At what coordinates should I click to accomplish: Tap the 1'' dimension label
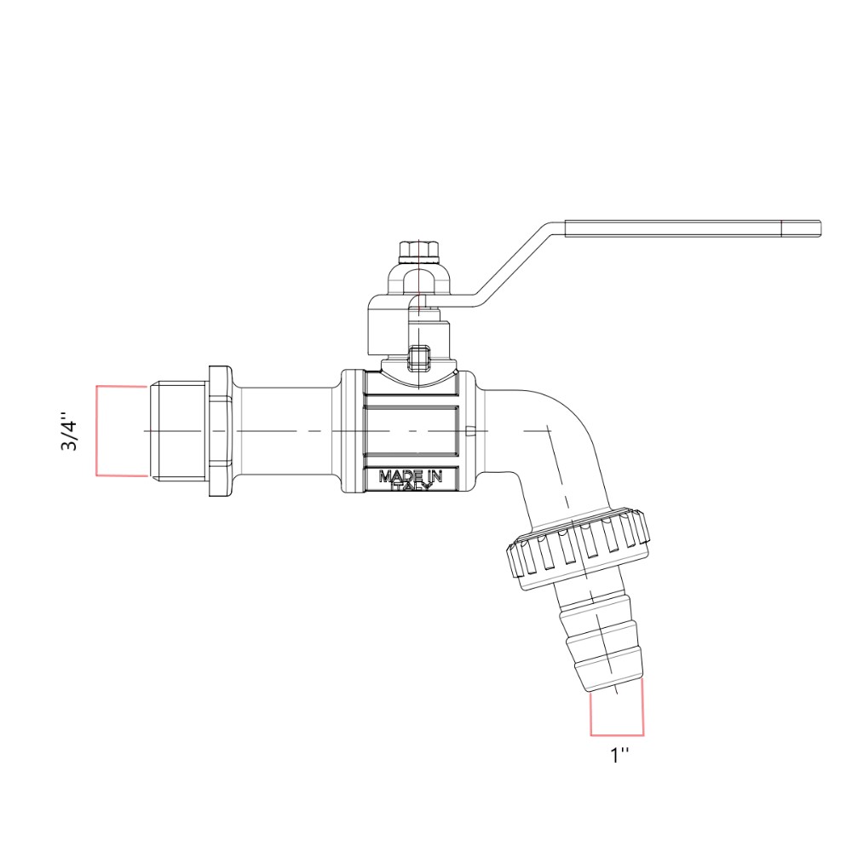(x=619, y=755)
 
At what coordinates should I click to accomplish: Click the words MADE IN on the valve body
(x=411, y=476)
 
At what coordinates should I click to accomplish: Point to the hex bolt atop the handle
(x=418, y=250)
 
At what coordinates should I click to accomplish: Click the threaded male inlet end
(x=177, y=431)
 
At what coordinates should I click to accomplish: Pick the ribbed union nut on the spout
(x=579, y=549)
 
